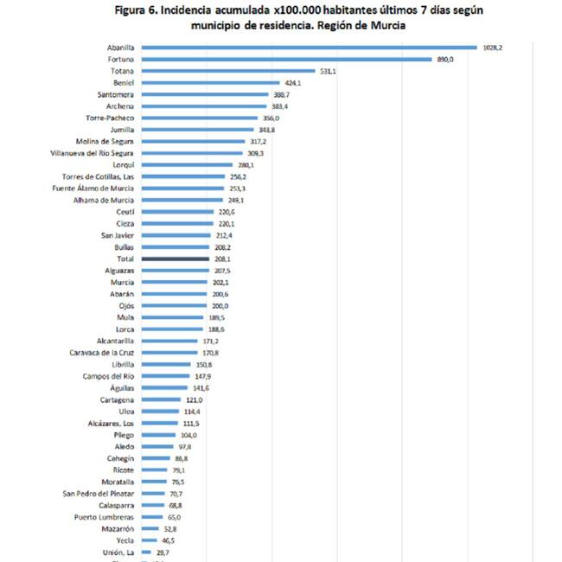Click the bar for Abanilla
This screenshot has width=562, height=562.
309,48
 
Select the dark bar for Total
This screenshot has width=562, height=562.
176,259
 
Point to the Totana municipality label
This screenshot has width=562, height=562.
120,71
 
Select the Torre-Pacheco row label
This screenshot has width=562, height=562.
110,118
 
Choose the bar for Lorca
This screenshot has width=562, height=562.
173,329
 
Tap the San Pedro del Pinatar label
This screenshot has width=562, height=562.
98,493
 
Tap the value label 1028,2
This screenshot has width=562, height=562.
493,48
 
